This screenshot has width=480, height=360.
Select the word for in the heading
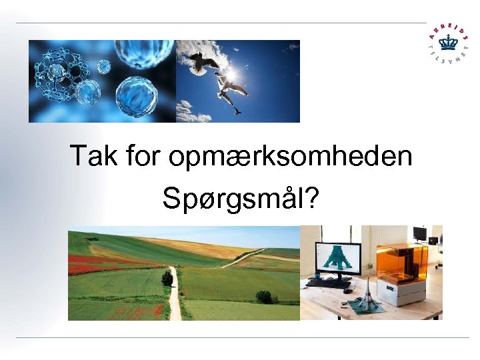click(143, 157)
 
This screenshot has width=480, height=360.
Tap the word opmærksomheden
click(290, 158)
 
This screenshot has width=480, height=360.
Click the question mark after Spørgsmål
click(312, 199)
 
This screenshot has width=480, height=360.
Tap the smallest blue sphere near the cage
click(103, 66)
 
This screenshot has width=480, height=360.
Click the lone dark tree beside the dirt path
click(167, 277)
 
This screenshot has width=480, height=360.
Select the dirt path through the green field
click(175, 297)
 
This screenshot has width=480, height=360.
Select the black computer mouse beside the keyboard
click(347, 291)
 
